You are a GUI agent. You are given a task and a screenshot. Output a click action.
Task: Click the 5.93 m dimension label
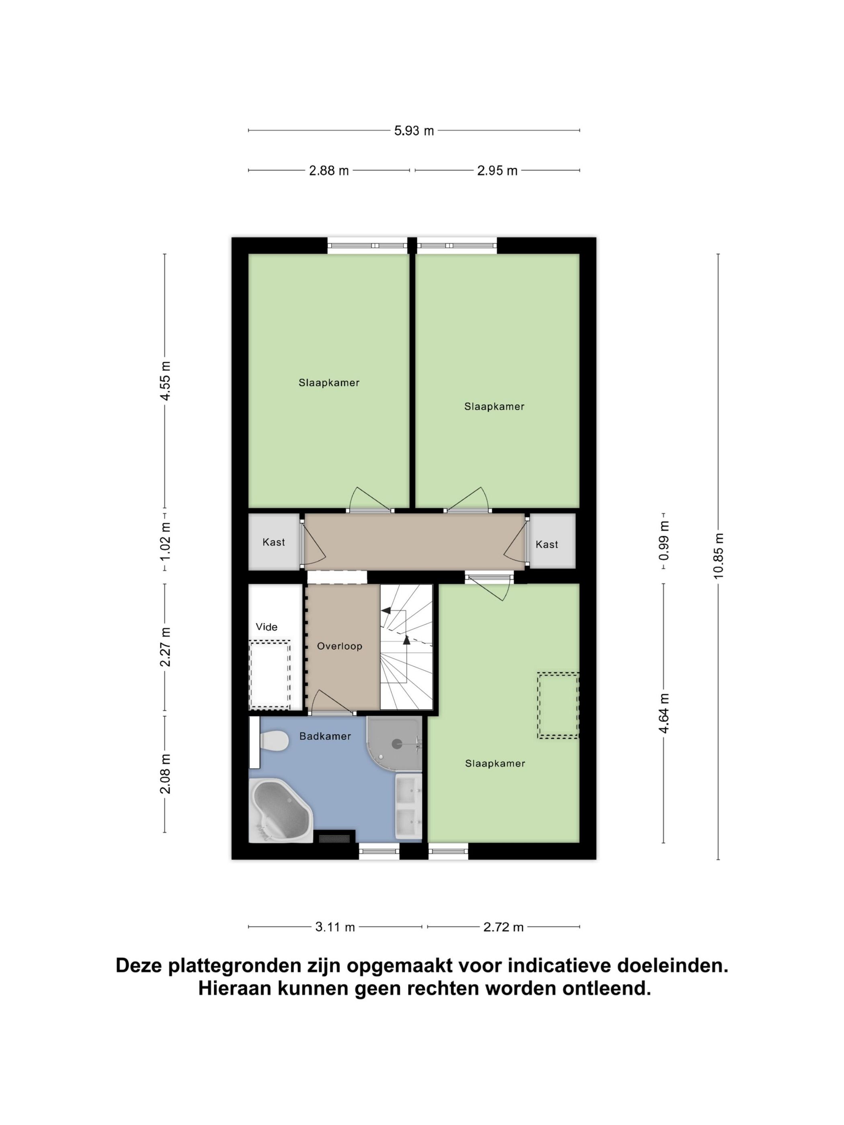tap(414, 131)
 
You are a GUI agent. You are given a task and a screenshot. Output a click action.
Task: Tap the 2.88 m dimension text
tap(329, 171)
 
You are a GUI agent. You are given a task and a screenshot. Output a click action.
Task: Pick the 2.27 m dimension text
tap(165, 647)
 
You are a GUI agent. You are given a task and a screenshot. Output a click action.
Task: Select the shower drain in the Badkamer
tap(396, 744)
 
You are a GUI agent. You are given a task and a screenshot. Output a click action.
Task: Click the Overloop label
tap(339, 646)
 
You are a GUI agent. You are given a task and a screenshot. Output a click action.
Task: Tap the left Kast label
tap(273, 542)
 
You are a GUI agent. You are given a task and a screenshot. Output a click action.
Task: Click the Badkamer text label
tap(325, 736)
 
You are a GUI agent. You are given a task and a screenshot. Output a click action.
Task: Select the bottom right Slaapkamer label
tap(494, 763)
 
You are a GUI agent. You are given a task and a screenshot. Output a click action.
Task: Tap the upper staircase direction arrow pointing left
tap(387, 611)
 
